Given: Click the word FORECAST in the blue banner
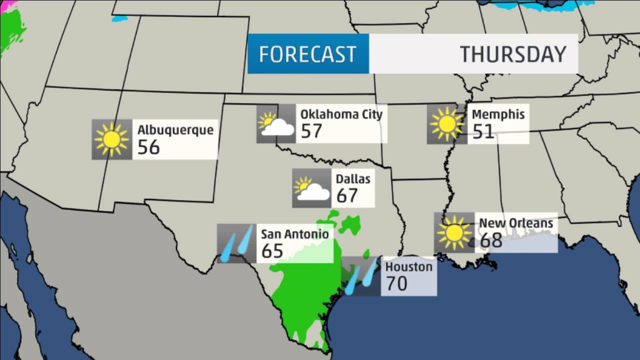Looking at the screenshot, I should [x=307, y=54].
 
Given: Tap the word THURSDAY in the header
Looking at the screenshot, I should [x=513, y=54].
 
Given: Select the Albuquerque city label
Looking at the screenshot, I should [x=175, y=130].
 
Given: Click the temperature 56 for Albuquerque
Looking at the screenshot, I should [x=148, y=147].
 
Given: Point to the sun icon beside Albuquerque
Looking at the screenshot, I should [x=111, y=139].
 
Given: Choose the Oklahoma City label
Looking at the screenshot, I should [x=341, y=114].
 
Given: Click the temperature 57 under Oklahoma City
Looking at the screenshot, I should [x=311, y=131].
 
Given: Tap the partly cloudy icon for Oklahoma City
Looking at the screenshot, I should [x=275, y=123].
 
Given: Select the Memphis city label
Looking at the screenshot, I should [x=498, y=114].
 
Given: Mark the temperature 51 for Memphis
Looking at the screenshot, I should [x=483, y=131].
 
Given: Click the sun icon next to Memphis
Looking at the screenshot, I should [x=446, y=123].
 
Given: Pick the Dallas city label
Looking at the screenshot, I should [x=353, y=178].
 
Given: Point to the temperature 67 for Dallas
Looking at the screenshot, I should [x=347, y=195].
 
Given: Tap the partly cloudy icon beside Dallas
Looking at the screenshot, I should [x=311, y=188].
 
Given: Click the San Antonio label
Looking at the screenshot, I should [x=295, y=234].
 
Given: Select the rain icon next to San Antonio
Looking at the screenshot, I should [x=236, y=243].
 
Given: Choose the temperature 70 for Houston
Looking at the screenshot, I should [x=396, y=283].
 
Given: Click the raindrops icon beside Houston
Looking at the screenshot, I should [x=360, y=276].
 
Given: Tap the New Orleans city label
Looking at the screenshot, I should [x=516, y=223].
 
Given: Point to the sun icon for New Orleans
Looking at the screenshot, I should [x=454, y=232].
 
